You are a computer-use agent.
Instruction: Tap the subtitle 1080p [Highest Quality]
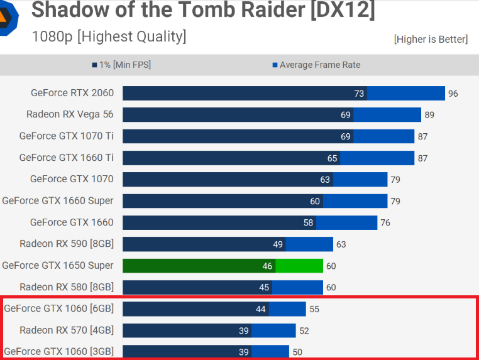tap(109, 36)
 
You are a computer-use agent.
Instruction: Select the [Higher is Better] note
tap(431, 40)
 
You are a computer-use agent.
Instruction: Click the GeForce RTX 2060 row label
tap(72, 93)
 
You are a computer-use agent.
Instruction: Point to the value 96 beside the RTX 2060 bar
tap(453, 94)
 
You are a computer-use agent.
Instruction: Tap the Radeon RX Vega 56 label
tap(70, 114)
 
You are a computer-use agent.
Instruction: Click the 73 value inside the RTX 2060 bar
tap(359, 94)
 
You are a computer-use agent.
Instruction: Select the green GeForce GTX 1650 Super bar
tap(223, 266)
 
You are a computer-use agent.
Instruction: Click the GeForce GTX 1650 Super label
tap(58, 265)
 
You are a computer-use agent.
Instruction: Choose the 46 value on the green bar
tap(268, 266)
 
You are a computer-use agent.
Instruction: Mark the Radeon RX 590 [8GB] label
tap(67, 244)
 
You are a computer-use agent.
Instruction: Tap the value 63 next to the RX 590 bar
tap(340, 244)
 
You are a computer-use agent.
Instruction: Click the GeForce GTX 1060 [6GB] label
tap(58, 308)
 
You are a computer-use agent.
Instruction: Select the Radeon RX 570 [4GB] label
tap(67, 330)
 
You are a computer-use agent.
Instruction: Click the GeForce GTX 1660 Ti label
tap(66, 158)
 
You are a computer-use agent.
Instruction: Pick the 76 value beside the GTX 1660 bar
tap(385, 223)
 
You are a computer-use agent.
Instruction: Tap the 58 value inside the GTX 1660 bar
tap(308, 223)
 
